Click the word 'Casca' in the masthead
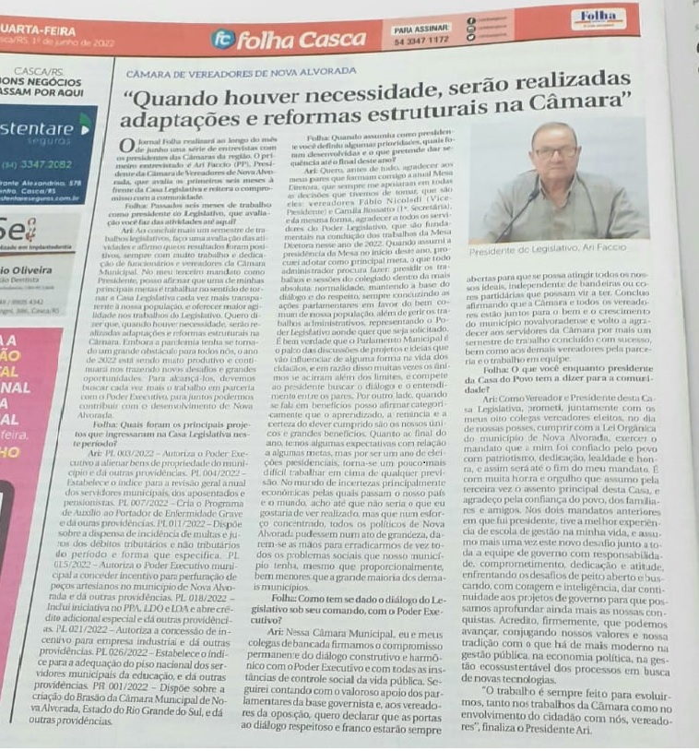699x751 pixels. (333, 40)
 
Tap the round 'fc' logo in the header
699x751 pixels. (221, 40)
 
